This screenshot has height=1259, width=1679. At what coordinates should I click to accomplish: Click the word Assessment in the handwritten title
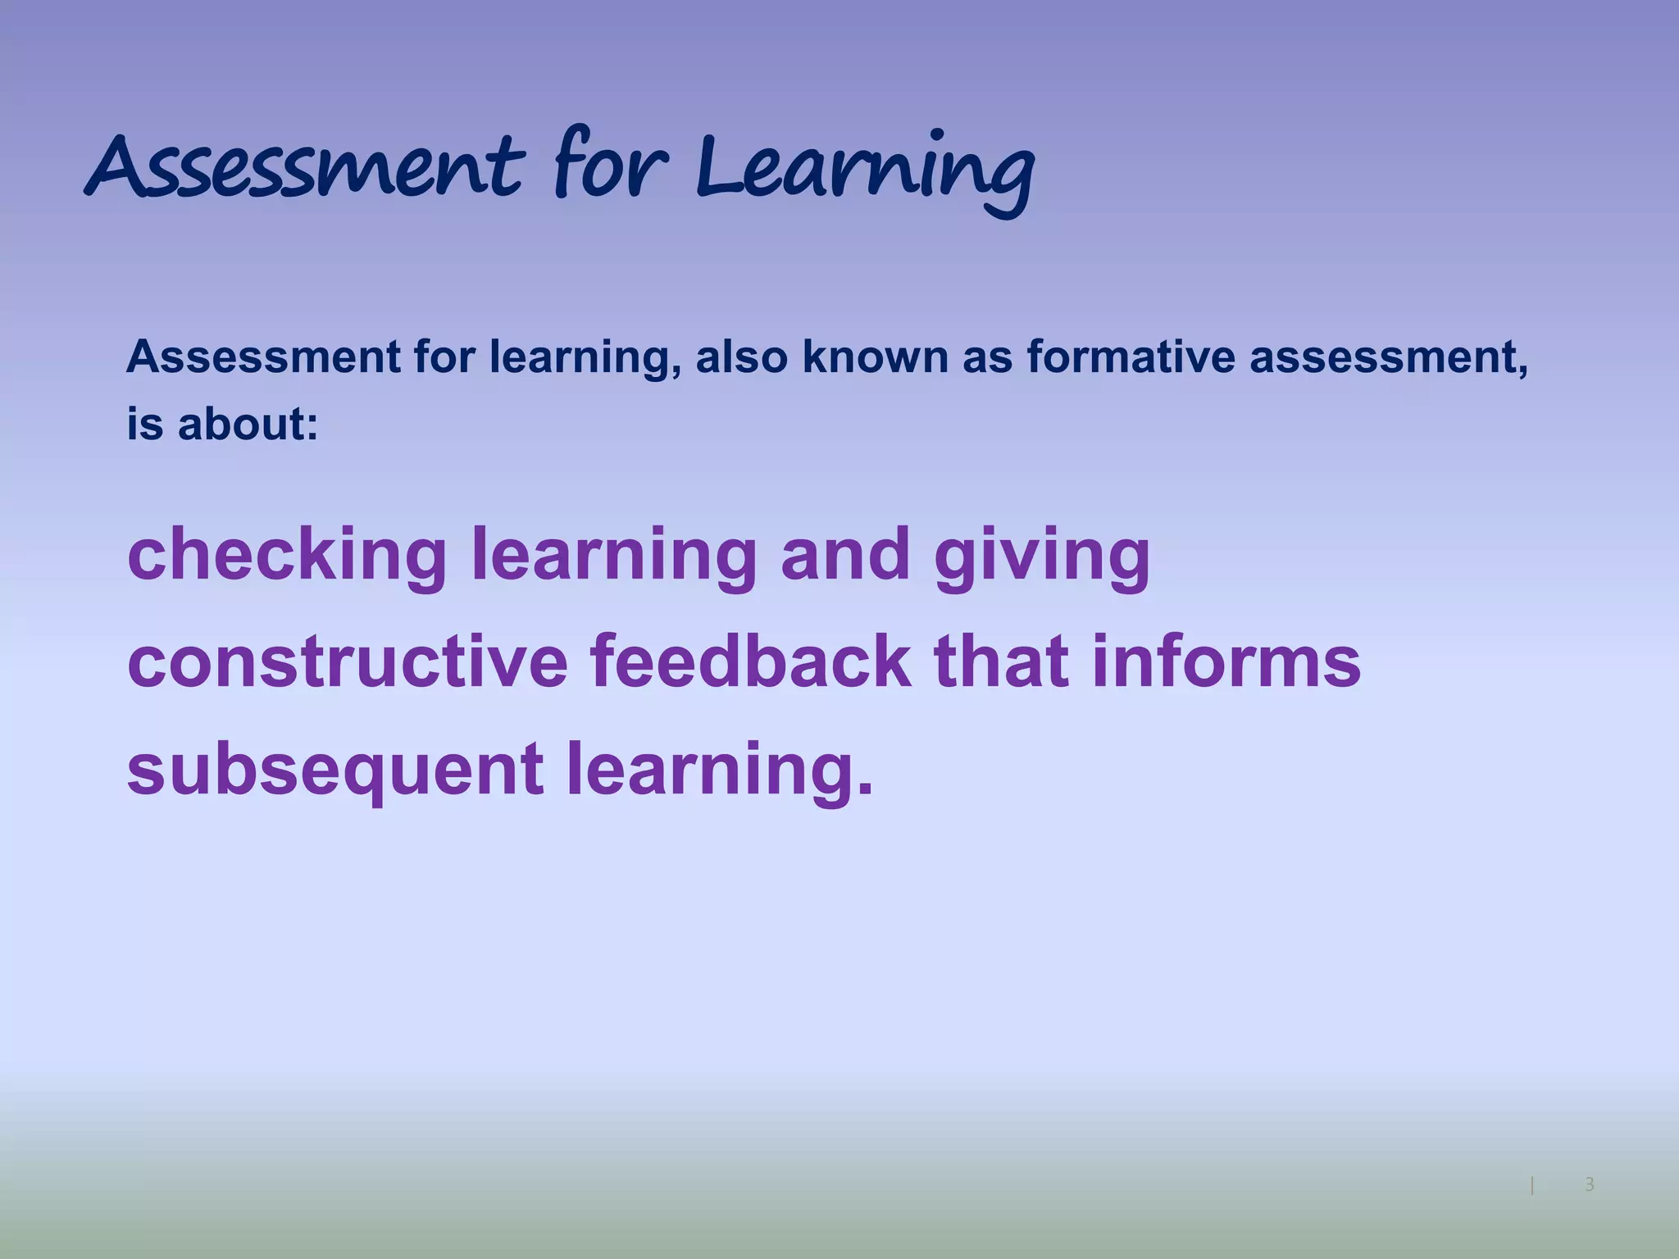click(x=303, y=168)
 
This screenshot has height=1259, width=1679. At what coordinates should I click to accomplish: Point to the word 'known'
click(x=874, y=357)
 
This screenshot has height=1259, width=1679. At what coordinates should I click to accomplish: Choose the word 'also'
click(x=741, y=357)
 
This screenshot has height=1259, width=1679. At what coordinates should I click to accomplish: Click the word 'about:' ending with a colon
click(x=248, y=425)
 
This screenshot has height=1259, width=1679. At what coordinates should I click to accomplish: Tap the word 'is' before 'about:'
click(x=144, y=425)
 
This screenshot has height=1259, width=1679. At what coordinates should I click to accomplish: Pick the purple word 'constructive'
click(x=348, y=662)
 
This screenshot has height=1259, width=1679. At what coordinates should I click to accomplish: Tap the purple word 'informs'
click(x=1226, y=662)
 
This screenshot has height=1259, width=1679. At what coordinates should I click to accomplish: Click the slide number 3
click(x=1589, y=1184)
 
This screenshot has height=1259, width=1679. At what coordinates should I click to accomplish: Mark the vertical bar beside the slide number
click(x=1532, y=1184)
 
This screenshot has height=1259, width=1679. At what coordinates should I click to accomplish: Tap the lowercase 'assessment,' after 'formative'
click(x=1389, y=357)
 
